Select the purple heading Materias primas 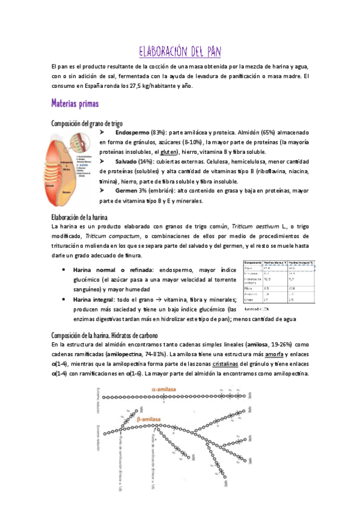[x=76, y=103]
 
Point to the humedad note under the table [x=257, y=309]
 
